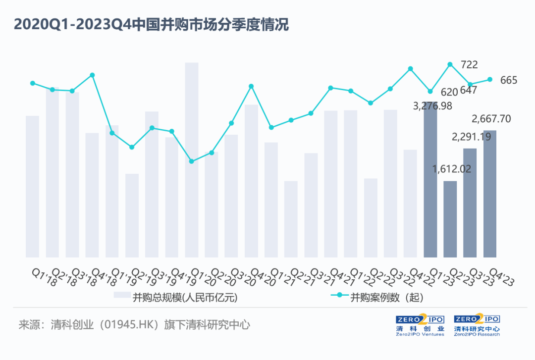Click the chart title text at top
[x=151, y=25]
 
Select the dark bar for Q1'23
[x=430, y=188]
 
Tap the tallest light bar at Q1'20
[x=192, y=158]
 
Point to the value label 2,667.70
[x=491, y=119]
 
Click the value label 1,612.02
[x=451, y=168]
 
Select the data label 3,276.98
[x=433, y=105]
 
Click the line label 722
[x=469, y=65]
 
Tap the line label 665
[x=509, y=80]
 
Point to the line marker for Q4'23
[x=490, y=79]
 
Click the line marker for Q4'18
[x=92, y=75]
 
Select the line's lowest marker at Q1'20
[x=192, y=161]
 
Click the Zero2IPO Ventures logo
[x=420, y=325]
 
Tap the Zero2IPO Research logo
[x=477, y=325]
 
